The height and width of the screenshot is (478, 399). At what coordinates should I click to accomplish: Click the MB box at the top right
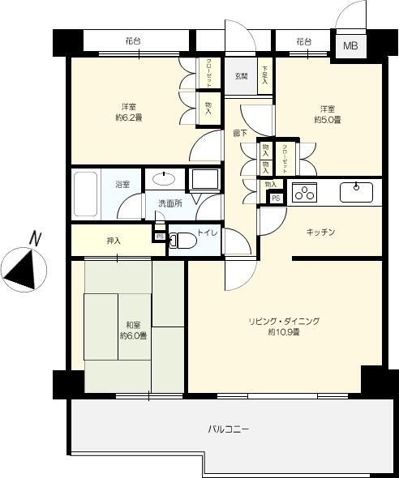click(350, 46)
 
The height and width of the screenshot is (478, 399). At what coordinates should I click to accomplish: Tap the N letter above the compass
click(34, 237)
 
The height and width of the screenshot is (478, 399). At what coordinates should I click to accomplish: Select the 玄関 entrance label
click(242, 77)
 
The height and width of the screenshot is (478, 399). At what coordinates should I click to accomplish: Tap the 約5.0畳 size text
click(327, 120)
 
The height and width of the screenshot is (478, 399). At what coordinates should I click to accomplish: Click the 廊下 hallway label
click(241, 133)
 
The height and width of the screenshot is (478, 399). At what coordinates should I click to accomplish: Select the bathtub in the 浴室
click(85, 193)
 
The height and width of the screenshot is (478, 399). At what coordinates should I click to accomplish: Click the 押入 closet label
click(114, 241)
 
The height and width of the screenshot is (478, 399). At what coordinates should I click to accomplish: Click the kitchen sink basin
click(356, 192)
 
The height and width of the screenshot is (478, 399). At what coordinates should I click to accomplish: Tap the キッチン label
click(320, 233)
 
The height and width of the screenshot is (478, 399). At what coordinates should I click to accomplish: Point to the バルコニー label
click(228, 429)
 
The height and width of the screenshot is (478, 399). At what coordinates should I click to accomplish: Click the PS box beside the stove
click(276, 198)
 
